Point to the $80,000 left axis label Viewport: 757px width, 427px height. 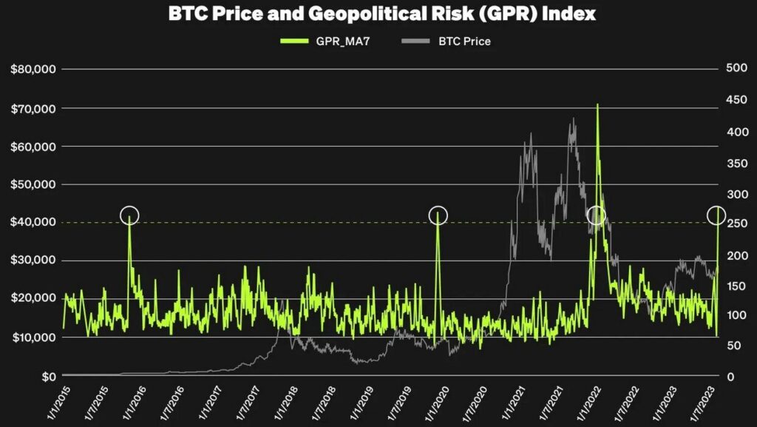pyautogui.click(x=35, y=70)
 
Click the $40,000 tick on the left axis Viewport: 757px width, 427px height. pyautogui.click(x=35, y=222)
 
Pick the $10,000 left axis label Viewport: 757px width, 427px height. pyautogui.click(x=35, y=337)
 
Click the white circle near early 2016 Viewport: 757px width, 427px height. pyautogui.click(x=129, y=215)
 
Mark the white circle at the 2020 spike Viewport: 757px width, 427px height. pyautogui.click(x=438, y=215)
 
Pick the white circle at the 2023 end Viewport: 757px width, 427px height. pyautogui.click(x=716, y=215)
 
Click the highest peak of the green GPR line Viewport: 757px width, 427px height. pyautogui.click(x=597, y=105)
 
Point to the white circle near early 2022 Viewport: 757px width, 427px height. pyautogui.click(x=596, y=215)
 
